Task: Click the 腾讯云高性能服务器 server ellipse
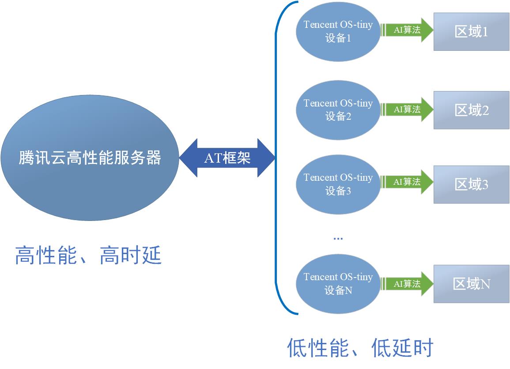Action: (90, 158)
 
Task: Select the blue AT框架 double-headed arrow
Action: (227, 158)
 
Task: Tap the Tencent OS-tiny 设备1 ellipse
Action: (338, 31)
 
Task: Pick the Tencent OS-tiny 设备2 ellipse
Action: (338, 110)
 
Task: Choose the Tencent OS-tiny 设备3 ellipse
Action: (338, 184)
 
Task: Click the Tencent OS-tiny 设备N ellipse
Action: (338, 284)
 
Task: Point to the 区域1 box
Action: (471, 31)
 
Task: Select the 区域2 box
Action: (471, 110)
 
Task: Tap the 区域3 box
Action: (471, 184)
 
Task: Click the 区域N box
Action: (471, 284)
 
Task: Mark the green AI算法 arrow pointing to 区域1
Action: (407, 30)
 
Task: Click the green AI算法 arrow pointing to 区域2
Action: (407, 109)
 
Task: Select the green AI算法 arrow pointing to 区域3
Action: (407, 182)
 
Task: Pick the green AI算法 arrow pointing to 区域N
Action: (407, 284)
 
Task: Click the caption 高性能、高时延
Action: (88, 256)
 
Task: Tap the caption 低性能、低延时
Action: (360, 347)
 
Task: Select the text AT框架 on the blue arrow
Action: (227, 158)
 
